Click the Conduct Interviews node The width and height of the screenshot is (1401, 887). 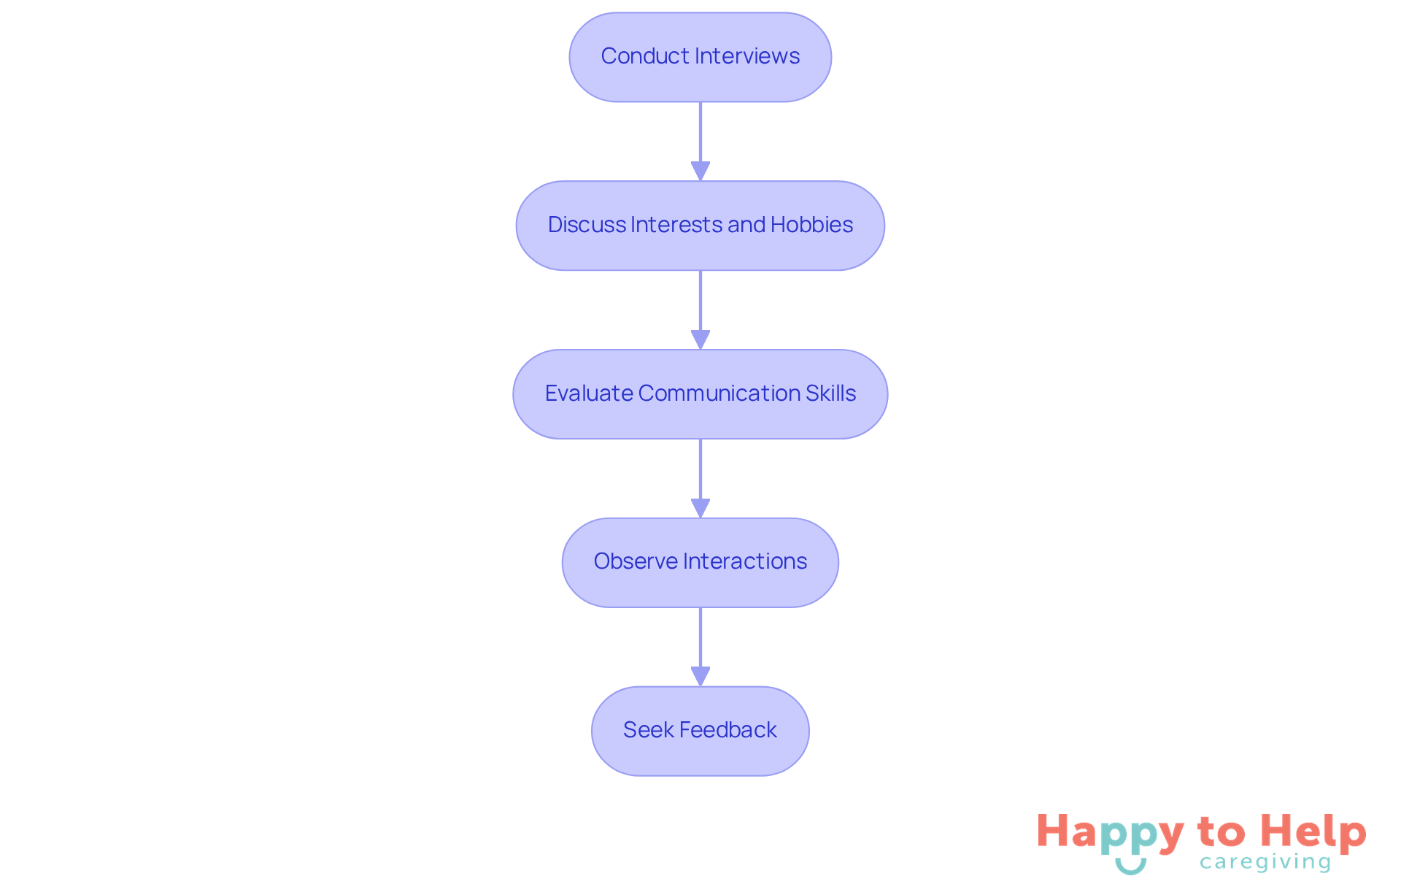click(700, 57)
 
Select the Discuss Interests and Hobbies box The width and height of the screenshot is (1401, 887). click(700, 226)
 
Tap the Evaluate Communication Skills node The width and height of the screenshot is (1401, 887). click(700, 394)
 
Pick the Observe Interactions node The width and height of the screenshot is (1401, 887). click(700, 562)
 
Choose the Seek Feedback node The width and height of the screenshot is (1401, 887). click(700, 731)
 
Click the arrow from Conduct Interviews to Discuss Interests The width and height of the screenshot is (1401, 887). click(700, 139)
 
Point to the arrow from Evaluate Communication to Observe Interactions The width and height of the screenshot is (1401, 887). click(700, 476)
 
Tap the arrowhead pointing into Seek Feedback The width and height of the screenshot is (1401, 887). click(700, 676)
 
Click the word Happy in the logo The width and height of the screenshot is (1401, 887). click(1110, 833)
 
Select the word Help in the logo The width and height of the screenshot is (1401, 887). click(1313, 832)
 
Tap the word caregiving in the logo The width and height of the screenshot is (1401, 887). click(1265, 863)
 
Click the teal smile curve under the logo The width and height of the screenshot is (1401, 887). click(1130, 868)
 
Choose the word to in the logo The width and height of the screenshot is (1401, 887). click(1221, 832)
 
